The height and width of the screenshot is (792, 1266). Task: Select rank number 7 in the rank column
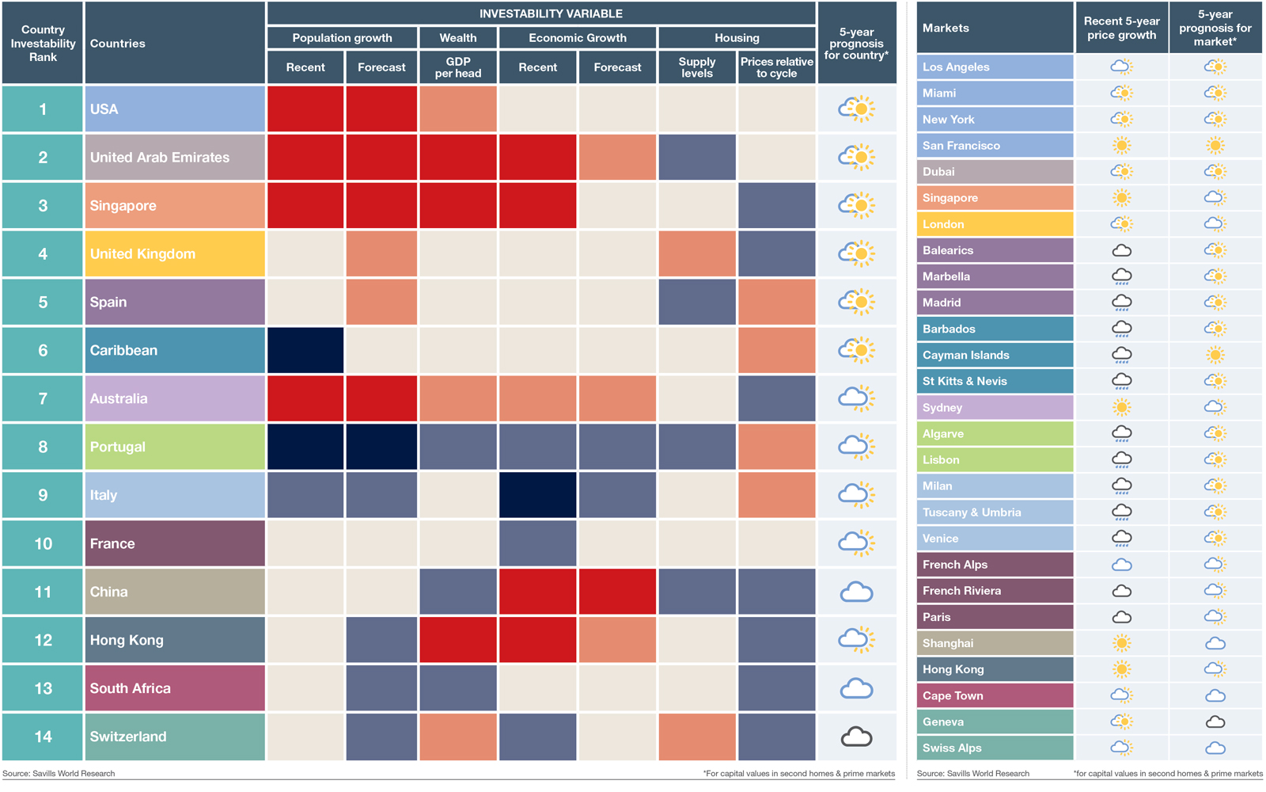point(43,398)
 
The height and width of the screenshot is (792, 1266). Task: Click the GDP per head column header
point(458,67)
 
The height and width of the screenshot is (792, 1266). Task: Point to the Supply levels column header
point(696,67)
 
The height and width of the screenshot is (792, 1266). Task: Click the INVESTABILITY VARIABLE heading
point(551,13)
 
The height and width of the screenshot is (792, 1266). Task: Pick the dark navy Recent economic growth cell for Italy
point(537,495)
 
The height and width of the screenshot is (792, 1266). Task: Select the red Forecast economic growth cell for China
point(617,592)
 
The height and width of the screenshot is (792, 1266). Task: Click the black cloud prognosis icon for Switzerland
point(856,737)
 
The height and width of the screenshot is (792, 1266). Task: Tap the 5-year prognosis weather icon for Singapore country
point(856,206)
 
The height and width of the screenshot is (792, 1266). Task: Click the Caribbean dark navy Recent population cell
point(305,350)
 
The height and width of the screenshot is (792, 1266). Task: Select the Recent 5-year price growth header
point(1121,28)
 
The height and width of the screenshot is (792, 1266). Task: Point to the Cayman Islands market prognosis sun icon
point(1215,355)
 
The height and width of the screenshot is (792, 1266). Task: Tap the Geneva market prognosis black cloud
point(1215,722)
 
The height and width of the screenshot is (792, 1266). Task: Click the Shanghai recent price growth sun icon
point(1121,643)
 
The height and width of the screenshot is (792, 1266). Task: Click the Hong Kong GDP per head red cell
point(458,640)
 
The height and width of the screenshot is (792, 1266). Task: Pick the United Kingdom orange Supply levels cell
point(696,254)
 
